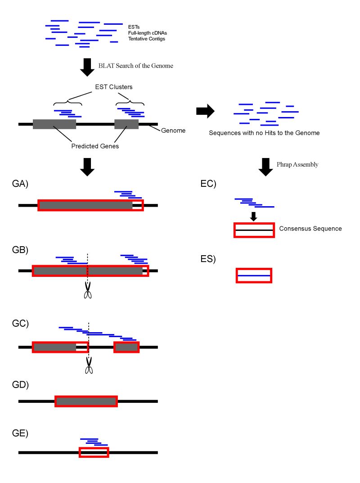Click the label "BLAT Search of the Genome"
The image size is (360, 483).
pos(135,66)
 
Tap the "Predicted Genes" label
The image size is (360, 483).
pos(95,146)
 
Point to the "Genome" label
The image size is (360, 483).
pos(173,131)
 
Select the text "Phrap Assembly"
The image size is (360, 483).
pos(297,165)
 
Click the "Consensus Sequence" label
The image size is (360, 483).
pos(310,229)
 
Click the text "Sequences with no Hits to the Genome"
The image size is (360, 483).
pos(264,133)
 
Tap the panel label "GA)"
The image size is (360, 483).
pos(20,184)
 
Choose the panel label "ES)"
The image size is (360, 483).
pos(208,259)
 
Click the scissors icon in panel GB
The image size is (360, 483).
pos(88,290)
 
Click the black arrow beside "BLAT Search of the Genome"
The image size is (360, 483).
pos(87,68)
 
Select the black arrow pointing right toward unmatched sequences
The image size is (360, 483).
pos(206,111)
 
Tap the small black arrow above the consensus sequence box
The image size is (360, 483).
pos(253,216)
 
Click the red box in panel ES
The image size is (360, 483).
pos(254,275)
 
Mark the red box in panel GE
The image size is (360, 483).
pos(94,452)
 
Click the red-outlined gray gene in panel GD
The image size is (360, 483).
pos(86,401)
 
